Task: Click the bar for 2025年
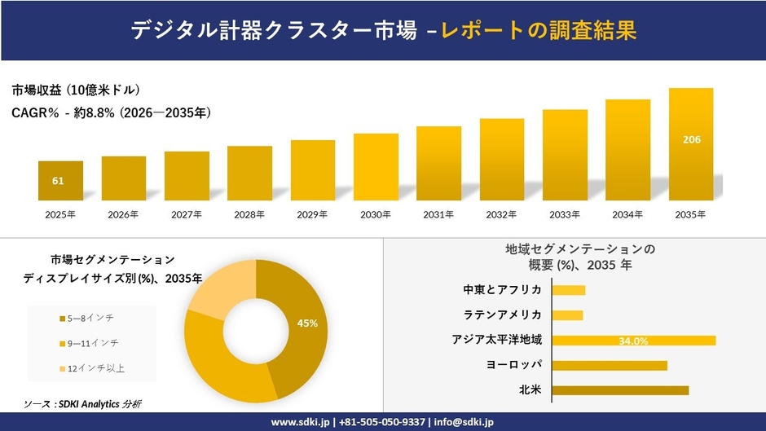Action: click(x=60, y=181)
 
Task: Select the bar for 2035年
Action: click(x=691, y=144)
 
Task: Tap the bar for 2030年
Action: click(x=376, y=167)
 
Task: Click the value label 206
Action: click(x=691, y=139)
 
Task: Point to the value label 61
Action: click(x=58, y=181)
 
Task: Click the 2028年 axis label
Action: click(x=249, y=215)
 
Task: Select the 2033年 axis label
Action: click(x=565, y=215)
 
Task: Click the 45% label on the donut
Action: click(x=307, y=323)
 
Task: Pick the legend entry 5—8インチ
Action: click(x=90, y=318)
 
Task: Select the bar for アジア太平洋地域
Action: click(x=633, y=341)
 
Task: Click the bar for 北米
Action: click(x=619, y=390)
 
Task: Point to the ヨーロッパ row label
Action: click(x=513, y=365)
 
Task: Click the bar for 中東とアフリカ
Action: click(x=568, y=290)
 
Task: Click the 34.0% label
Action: click(x=633, y=341)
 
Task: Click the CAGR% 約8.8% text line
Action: click(x=112, y=113)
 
